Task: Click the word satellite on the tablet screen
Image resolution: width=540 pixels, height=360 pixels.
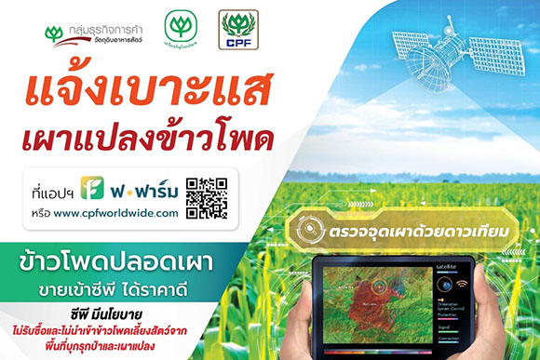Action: click(x=450, y=266)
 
